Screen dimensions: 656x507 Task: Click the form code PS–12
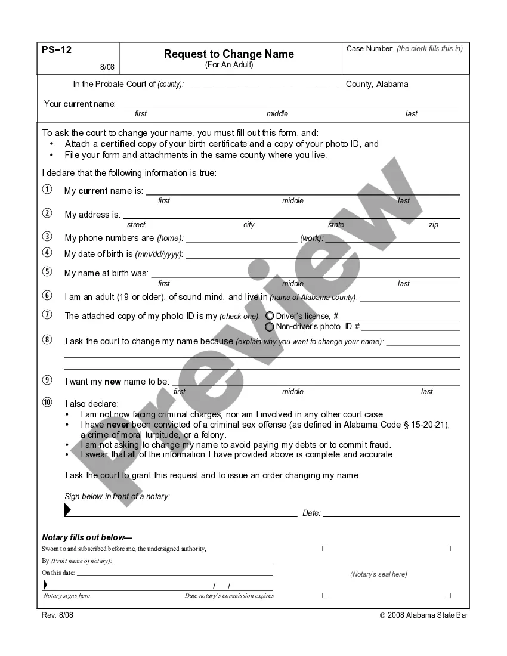pos(57,50)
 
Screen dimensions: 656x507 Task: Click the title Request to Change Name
pos(229,54)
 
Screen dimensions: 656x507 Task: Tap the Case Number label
pos(370,49)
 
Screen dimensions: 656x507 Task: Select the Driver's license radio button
pos(270,316)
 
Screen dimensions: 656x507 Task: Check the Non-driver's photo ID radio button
pos(270,327)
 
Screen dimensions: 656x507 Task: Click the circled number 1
pos(47,190)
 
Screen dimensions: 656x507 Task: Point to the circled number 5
pos(47,272)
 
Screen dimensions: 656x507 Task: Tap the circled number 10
pos(47,403)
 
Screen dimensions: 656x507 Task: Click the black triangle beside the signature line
pos(67,510)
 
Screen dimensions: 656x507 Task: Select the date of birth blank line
pos(323,255)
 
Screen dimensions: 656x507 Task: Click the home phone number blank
pos(242,239)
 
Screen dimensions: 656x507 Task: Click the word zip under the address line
pos(434,225)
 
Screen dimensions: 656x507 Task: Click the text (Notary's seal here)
pos(379,574)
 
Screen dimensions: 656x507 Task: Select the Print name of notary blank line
pos(193,561)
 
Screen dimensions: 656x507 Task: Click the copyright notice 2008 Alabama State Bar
pos(423,615)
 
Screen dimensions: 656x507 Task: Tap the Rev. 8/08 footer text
pos(58,615)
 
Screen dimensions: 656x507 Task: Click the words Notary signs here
pos(67,595)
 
